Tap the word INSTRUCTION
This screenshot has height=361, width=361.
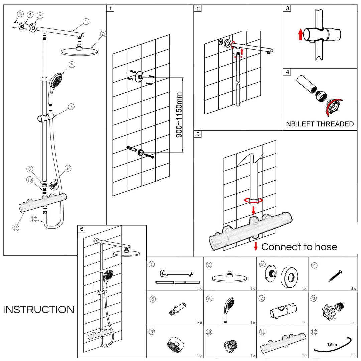tap(38, 310)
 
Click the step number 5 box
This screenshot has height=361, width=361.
tap(198, 134)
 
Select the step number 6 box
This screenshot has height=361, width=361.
tap(82, 229)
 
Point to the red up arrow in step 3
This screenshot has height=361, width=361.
tap(300, 34)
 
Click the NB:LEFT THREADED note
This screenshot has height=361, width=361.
tap(320, 124)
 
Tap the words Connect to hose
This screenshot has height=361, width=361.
tap(299, 247)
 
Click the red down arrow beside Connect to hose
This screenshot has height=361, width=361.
tap(256, 247)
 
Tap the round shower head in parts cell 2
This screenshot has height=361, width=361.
tap(230, 277)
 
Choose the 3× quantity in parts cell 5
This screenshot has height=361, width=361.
tap(199, 323)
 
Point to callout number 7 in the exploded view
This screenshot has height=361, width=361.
tap(71, 107)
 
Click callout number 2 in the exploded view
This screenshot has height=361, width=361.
tap(103, 34)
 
